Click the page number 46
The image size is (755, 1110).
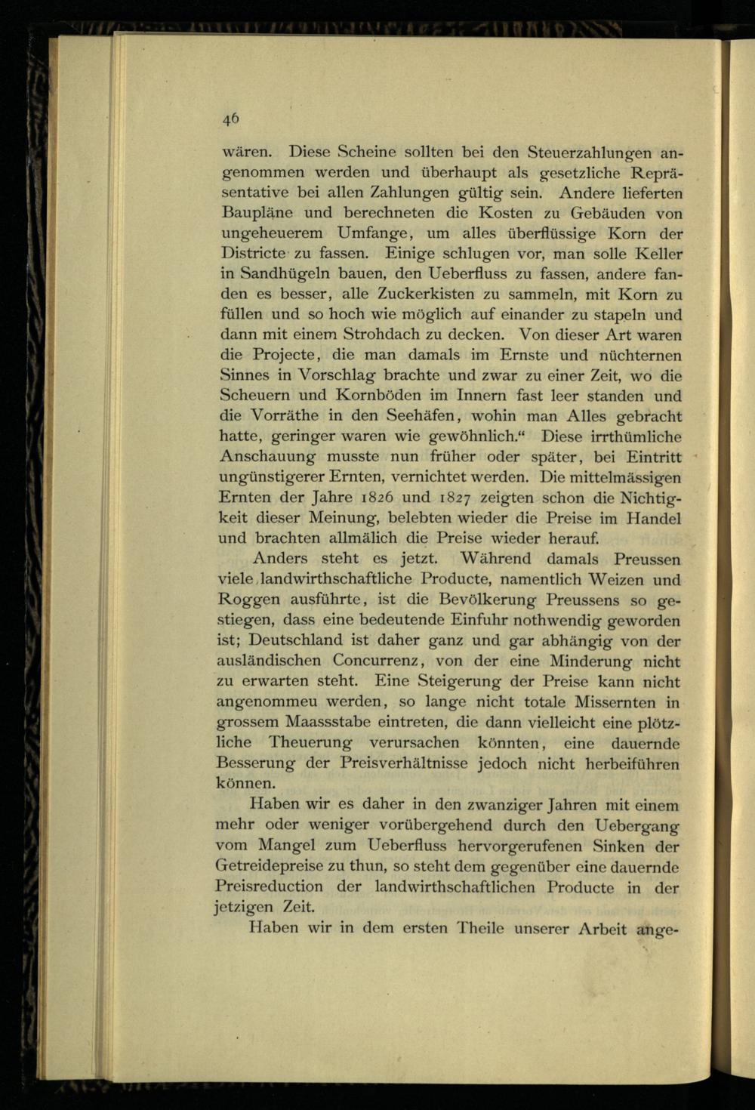(x=231, y=118)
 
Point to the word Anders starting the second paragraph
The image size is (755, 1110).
(x=280, y=559)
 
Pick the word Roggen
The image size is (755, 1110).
(x=249, y=601)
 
